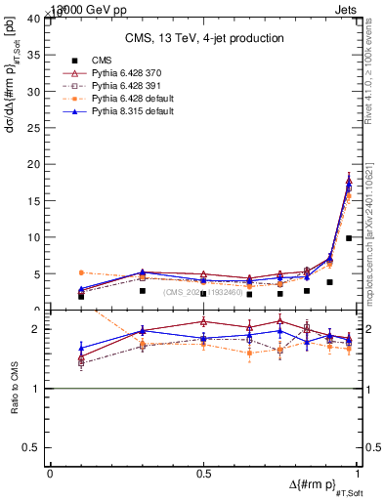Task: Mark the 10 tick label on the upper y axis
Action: point(37,237)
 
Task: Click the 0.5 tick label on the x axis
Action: point(203,474)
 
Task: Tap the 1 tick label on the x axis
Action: point(357,474)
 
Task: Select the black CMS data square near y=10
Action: point(349,237)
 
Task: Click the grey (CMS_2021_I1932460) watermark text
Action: point(202,291)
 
